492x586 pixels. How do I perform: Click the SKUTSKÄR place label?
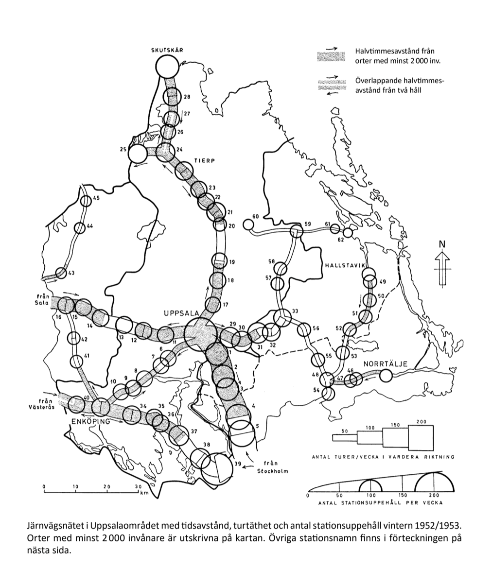[168, 50]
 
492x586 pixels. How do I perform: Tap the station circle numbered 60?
[248, 224]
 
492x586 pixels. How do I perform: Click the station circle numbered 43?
[61, 273]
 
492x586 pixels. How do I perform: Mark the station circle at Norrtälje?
[386, 375]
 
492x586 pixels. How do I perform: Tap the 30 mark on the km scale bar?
[138, 486]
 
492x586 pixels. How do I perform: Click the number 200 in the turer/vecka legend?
[421, 422]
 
